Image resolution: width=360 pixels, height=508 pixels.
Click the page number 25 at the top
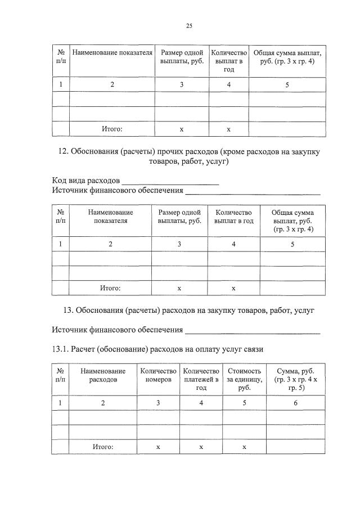pyautogui.click(x=189, y=25)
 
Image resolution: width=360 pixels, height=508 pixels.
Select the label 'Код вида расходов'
pyautogui.click(x=85, y=181)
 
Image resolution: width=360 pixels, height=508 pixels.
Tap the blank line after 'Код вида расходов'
pyautogui.click(x=170, y=182)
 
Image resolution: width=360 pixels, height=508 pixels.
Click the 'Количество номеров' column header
pyautogui.click(x=158, y=375)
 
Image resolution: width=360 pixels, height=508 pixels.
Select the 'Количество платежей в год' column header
pyautogui.click(x=201, y=379)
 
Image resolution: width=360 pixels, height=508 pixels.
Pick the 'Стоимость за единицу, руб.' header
pyautogui.click(x=244, y=379)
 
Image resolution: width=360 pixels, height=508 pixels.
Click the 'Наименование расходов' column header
pyautogui.click(x=103, y=375)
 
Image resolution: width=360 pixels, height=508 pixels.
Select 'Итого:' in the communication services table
pyautogui.click(x=103, y=447)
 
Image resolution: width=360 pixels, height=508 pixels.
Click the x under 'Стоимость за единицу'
pyautogui.click(x=244, y=447)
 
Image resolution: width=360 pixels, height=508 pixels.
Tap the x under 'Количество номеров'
pyautogui.click(x=158, y=447)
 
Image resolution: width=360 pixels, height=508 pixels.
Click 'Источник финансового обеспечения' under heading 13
pyautogui.click(x=118, y=330)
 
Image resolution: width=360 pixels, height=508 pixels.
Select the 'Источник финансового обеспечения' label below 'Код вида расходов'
pyautogui.click(x=118, y=191)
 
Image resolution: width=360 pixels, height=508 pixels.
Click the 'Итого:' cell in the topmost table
pyautogui.click(x=112, y=129)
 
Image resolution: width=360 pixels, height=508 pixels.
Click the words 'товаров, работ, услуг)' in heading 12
pyautogui.click(x=186, y=161)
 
